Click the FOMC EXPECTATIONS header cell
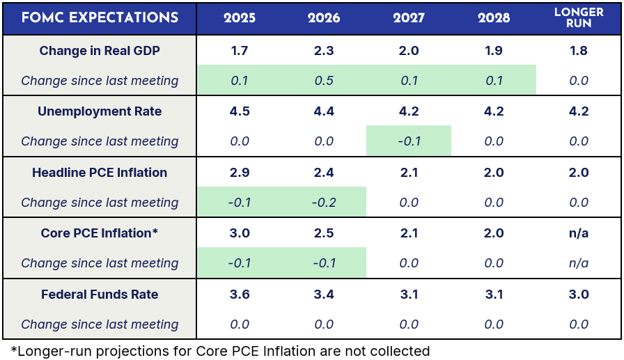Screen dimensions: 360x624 click(100, 18)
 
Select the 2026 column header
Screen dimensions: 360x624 click(324, 18)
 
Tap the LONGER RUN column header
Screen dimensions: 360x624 click(579, 18)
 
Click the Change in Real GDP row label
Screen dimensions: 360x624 click(100, 51)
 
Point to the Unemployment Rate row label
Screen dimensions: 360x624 click(100, 111)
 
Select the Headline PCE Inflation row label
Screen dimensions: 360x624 click(100, 173)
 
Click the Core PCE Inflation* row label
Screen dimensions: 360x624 click(100, 233)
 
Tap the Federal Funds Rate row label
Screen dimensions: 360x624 click(100, 295)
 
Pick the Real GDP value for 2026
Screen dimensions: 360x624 click(324, 51)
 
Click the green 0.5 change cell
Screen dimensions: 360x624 click(324, 81)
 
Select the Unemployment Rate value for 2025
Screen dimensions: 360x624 click(240, 111)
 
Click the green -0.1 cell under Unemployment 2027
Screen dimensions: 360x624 click(409, 141)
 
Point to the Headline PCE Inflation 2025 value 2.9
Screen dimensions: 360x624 click(240, 173)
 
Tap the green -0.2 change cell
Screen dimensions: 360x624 click(324, 203)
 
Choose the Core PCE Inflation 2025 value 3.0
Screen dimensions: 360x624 click(240, 233)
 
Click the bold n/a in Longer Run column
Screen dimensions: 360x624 click(579, 233)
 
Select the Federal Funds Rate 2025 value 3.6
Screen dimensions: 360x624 click(240, 295)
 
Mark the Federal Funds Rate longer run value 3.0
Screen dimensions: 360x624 click(579, 295)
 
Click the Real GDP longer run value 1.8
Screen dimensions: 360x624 click(579, 51)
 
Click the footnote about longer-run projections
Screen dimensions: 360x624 click(220, 351)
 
